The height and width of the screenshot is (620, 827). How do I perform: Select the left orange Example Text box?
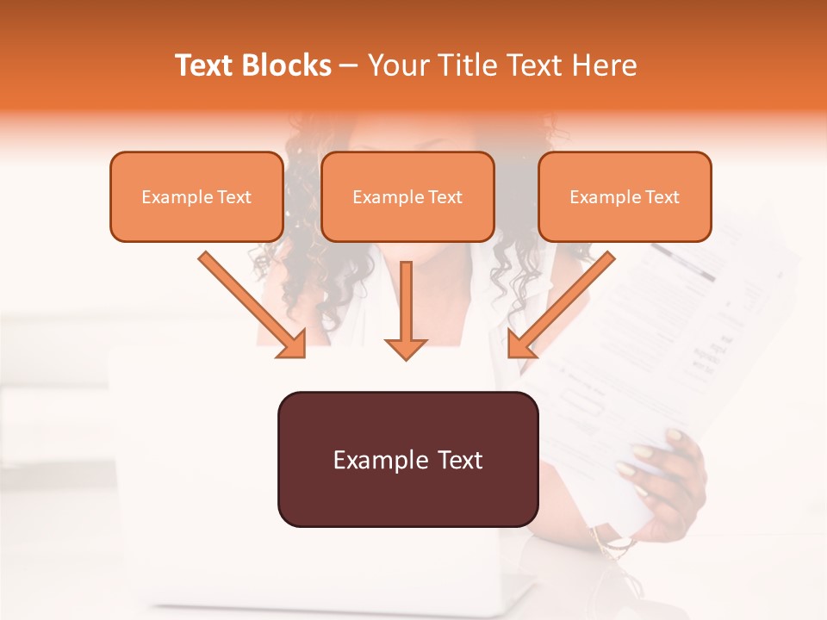196,196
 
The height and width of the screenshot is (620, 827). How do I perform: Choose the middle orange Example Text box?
407,196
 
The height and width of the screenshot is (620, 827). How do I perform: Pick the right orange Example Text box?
625,196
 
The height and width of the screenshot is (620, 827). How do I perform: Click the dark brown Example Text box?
407,459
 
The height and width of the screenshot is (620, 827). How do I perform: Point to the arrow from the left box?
250,302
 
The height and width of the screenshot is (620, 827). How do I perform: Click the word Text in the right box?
662,197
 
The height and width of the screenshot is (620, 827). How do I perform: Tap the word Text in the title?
205,65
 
